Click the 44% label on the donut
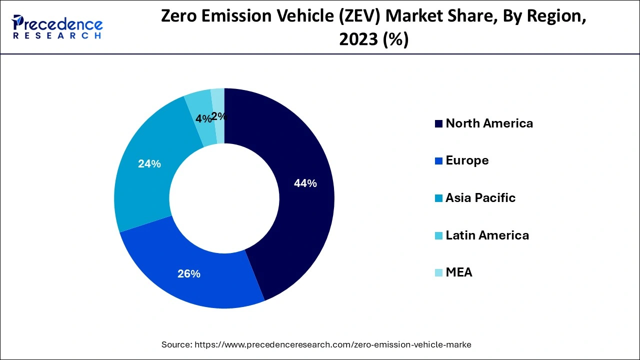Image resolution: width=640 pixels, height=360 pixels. (305, 183)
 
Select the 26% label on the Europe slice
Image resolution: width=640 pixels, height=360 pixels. (189, 273)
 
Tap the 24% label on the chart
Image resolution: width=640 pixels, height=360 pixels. (149, 163)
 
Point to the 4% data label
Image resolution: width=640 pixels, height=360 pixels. (202, 119)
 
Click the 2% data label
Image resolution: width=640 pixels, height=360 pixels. (219, 116)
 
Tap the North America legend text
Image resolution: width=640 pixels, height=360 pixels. (489, 123)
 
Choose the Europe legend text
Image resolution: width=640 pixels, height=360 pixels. (467, 160)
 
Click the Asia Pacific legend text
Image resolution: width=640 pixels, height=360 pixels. (480, 198)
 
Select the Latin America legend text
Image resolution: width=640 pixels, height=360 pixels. (487, 235)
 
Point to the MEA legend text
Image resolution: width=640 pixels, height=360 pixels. (458, 272)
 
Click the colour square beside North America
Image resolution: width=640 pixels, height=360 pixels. (438, 124)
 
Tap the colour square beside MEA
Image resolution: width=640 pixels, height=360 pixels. (438, 273)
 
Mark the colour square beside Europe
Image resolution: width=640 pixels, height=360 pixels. (438, 161)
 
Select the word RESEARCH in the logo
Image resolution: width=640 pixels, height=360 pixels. (57, 36)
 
